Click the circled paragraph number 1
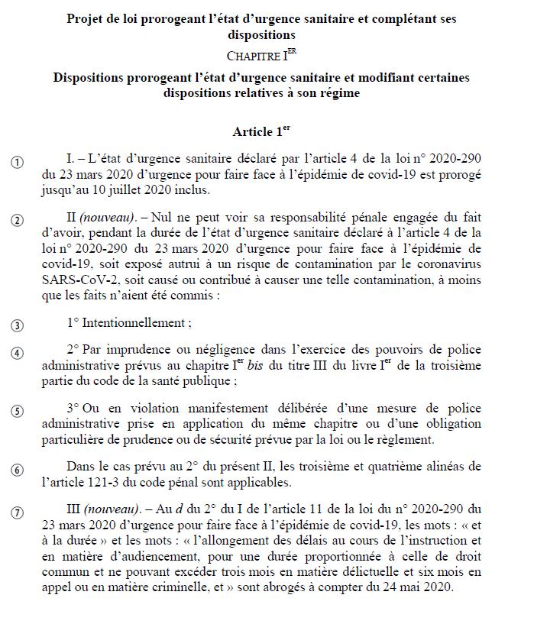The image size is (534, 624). point(18,162)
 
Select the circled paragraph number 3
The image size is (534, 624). point(18,325)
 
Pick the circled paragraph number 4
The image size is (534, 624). point(18,354)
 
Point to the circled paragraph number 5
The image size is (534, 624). point(18,411)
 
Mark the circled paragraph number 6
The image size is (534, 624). point(18,470)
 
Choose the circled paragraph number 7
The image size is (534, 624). point(18,512)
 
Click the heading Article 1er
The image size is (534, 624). point(262,131)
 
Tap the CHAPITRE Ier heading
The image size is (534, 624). point(262,56)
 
